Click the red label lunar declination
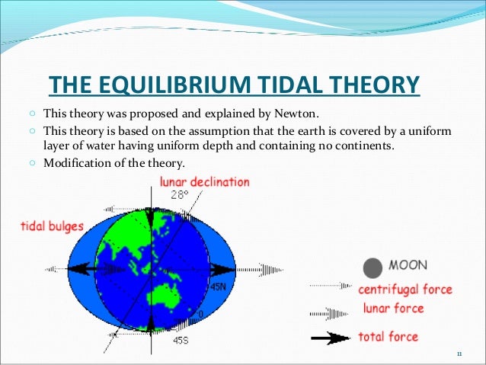pos(203,182)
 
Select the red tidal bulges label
pos(51,226)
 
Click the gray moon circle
pos(372,267)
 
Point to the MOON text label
pos(408,267)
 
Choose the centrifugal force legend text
pos(404,290)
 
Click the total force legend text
pos(388,336)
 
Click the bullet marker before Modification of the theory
pos(36,162)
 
